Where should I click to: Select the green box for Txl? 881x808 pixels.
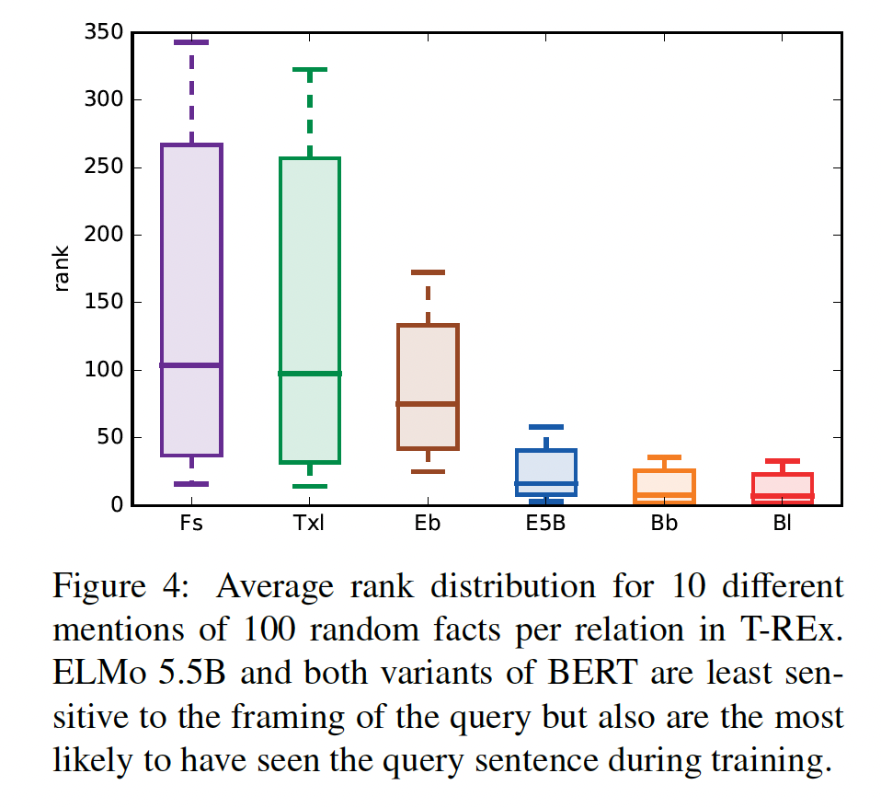pyautogui.click(x=310, y=276)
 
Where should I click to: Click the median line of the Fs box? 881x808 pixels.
pyautogui.click(x=191, y=365)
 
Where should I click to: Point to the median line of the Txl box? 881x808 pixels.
pyautogui.click(x=310, y=373)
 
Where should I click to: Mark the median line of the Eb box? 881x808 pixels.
pyautogui.click(x=428, y=403)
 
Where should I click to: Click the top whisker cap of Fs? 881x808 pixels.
pyautogui.click(x=191, y=42)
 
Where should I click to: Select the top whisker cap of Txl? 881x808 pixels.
pyautogui.click(x=310, y=69)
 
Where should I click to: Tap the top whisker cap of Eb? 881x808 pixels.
pyautogui.click(x=428, y=271)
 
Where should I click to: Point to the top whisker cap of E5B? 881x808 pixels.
pyautogui.click(x=546, y=426)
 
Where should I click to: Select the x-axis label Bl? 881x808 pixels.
pyautogui.click(x=783, y=525)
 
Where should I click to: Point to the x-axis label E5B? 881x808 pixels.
pyautogui.click(x=546, y=525)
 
